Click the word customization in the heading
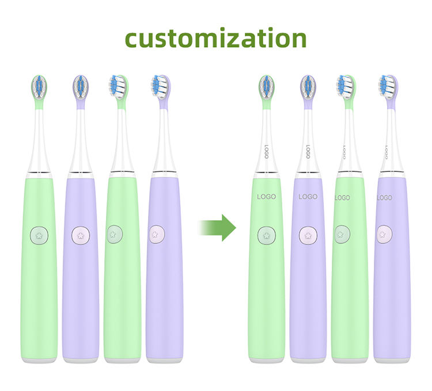point(216,38)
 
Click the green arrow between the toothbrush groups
point(219,228)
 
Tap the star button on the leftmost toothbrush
point(39,235)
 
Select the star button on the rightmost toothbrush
point(383,234)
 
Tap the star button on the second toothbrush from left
point(80,235)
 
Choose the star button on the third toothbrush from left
point(114,234)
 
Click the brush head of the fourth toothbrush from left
point(159,86)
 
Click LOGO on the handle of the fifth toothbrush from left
point(266,197)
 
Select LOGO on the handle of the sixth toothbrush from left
point(308,197)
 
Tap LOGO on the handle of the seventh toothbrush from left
point(342,198)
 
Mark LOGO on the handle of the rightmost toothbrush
point(384,198)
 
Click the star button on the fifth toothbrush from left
point(266,235)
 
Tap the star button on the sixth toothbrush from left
point(308,235)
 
